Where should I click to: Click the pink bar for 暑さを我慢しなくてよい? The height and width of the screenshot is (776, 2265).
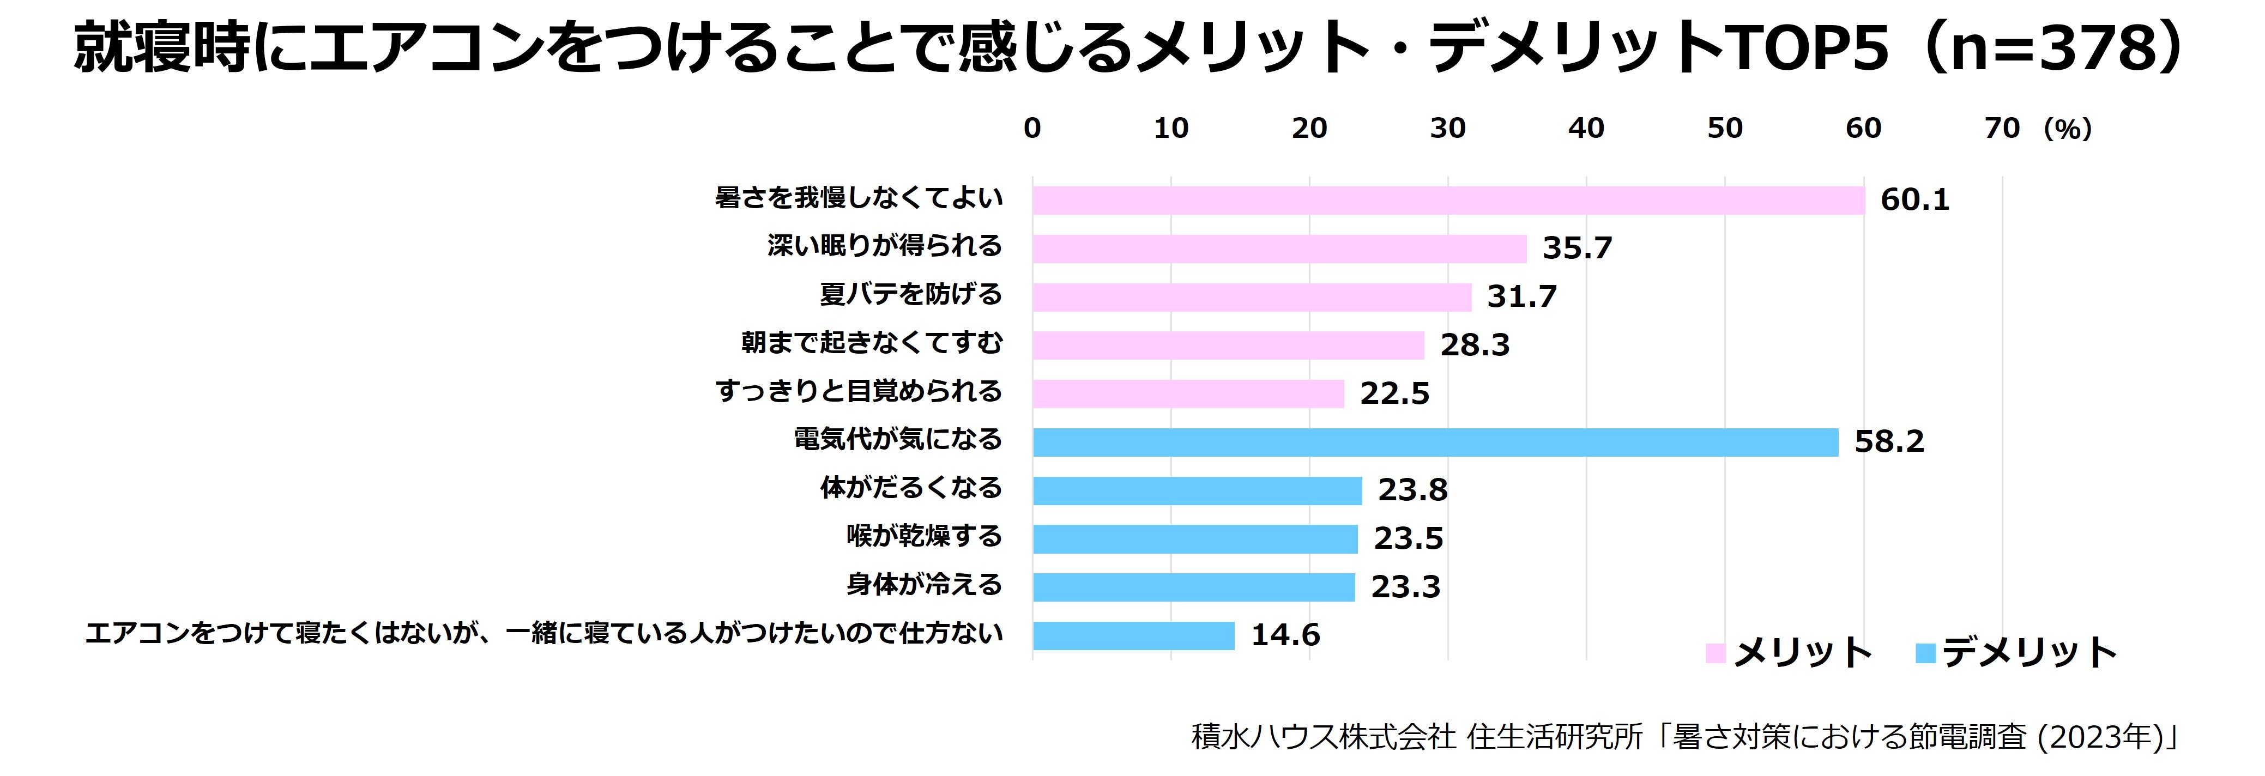(x=1448, y=201)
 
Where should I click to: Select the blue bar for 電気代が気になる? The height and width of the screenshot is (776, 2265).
(x=1435, y=442)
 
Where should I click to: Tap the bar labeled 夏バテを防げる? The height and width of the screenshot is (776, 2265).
(x=1251, y=297)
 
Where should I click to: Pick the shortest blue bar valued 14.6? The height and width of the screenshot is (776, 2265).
(x=1133, y=635)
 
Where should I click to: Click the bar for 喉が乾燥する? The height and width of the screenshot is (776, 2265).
(x=1195, y=539)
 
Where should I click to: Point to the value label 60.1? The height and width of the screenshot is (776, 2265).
(x=1914, y=201)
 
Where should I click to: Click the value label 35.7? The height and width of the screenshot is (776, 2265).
(x=1578, y=248)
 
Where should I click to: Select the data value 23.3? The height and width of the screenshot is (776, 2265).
(x=1405, y=587)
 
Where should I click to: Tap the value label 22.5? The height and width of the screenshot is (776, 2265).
(x=1394, y=393)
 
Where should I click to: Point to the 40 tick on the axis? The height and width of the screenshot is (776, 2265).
(x=1586, y=128)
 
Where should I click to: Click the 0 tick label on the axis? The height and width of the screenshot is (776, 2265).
(x=1032, y=128)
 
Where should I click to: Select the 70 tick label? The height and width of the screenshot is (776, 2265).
(x=2002, y=128)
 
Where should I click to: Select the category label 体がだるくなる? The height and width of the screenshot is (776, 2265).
(x=911, y=488)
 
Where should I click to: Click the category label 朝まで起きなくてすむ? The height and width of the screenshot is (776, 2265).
(x=871, y=343)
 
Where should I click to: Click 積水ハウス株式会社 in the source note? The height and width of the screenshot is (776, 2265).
(x=1324, y=736)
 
